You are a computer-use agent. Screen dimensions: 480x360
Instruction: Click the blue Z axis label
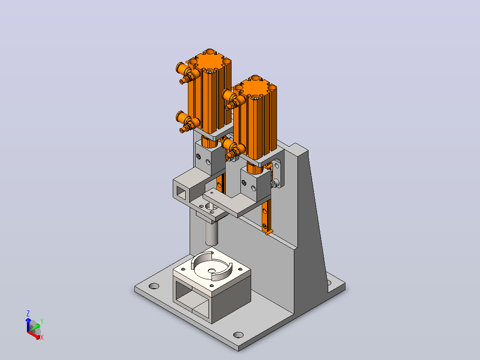pos(28,313)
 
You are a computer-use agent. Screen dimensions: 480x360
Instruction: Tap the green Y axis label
pos(42,321)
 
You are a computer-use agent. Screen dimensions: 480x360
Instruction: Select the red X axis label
pos(42,337)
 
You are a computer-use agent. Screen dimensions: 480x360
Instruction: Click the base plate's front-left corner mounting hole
pos(154,286)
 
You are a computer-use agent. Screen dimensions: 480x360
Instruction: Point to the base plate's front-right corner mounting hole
pos(238,335)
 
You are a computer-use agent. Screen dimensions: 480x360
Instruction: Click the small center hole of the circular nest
pos(212,271)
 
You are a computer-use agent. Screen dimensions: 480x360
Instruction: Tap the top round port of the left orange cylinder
pos(210,52)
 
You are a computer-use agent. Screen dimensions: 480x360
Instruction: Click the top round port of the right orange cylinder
pos(255,78)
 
